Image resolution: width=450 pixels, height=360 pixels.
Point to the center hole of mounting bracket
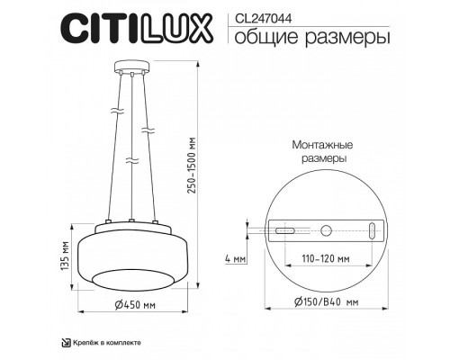[327, 229]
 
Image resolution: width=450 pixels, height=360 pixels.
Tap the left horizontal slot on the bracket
[284, 231]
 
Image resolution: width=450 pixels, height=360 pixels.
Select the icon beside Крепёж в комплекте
[65, 342]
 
